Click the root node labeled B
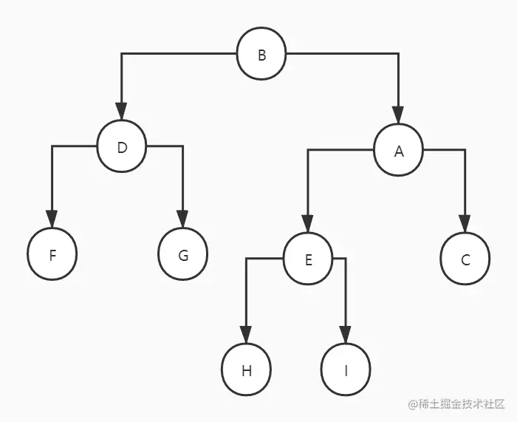point(261,54)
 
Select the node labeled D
point(122,146)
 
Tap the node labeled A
point(399,150)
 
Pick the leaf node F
point(52,255)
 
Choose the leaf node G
point(183,255)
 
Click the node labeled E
point(309,259)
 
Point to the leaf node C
point(465,259)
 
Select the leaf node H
point(247,370)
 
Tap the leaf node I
point(346,370)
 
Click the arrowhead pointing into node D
point(122,112)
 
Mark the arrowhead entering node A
point(398,115)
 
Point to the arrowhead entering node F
point(52,219)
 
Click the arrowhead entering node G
point(182,219)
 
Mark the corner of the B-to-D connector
point(122,54)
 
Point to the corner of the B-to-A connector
point(398,54)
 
